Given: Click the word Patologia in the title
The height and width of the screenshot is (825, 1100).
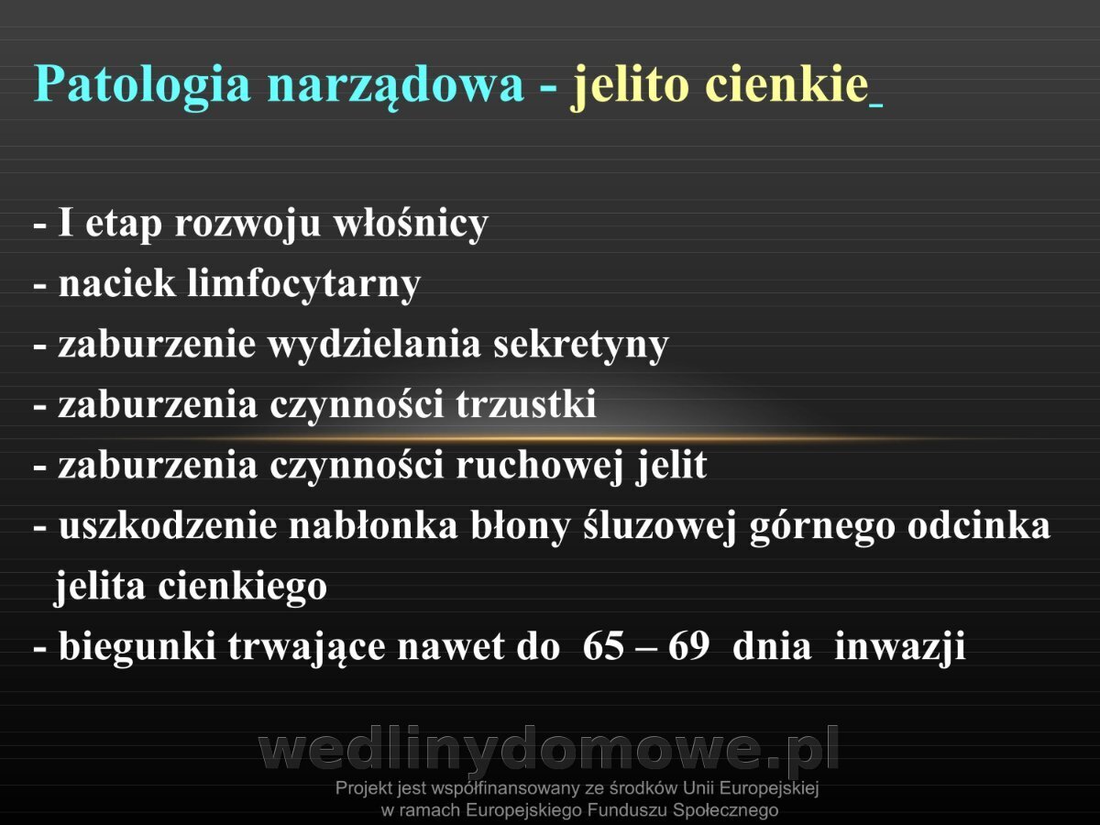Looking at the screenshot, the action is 142,85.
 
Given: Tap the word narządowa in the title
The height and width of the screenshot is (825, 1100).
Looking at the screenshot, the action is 396,85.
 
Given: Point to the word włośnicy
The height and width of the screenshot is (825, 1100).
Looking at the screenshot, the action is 411,224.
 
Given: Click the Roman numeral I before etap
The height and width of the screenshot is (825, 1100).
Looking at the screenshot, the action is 66,222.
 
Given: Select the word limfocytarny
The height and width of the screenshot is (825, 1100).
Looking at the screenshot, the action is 304,285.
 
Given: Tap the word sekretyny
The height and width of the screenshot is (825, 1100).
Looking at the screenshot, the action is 581,346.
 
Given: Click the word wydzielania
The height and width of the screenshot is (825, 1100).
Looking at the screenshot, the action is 374,346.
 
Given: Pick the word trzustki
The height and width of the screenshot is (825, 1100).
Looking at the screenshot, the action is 526,404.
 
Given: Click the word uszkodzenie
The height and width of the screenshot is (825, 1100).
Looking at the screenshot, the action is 168,526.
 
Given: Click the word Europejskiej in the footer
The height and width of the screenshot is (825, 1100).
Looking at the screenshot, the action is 769,789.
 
